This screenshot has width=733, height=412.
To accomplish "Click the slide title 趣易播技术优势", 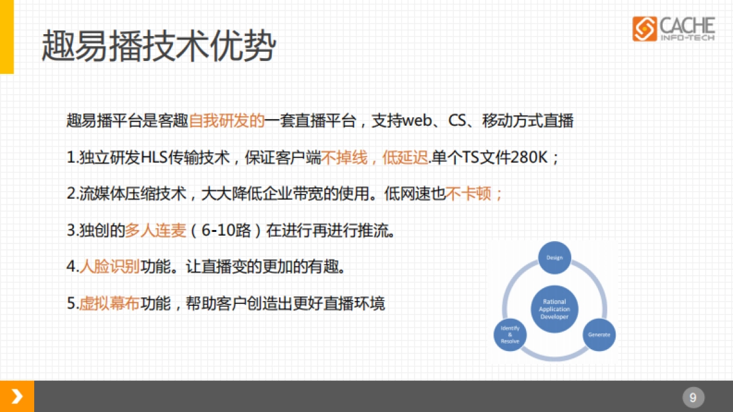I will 159,46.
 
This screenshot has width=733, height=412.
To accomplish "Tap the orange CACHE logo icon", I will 644,29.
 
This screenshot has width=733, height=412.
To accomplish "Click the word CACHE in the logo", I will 687,26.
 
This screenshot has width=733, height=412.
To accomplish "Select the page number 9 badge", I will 693,397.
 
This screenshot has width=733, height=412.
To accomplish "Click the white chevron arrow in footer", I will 17,397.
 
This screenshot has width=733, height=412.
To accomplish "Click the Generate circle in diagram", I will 599,334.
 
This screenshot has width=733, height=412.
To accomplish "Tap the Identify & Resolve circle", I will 510,334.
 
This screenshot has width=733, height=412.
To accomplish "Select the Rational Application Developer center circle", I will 554,309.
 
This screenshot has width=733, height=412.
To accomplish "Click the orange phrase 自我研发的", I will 226,120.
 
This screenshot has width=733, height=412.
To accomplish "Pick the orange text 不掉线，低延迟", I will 376,157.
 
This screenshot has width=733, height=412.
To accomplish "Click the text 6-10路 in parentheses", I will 231,231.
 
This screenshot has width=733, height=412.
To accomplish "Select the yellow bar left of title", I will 6,37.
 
